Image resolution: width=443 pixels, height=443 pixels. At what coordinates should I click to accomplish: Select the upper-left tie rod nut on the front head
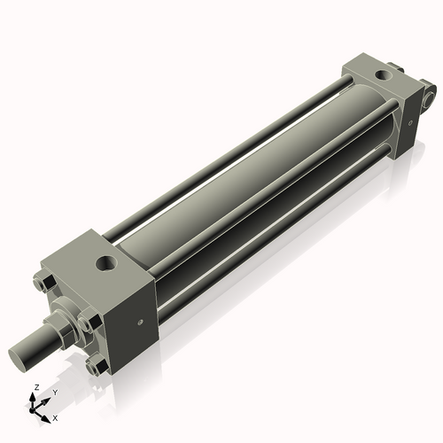click(44, 284)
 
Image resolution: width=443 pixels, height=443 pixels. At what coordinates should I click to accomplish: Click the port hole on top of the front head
click(107, 262)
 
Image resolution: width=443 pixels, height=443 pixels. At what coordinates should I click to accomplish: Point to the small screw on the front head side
click(139, 323)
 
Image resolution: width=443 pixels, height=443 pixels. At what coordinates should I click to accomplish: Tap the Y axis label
click(54, 392)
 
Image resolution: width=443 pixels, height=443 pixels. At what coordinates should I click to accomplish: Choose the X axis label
click(55, 416)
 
